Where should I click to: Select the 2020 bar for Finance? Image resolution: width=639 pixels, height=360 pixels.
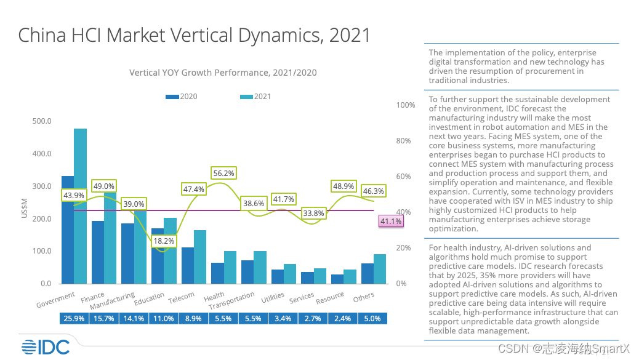click(98, 252)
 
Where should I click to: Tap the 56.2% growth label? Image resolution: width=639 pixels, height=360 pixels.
click(223, 174)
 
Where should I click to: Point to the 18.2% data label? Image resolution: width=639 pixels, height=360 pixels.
click(164, 241)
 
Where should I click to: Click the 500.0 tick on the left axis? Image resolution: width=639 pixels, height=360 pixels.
click(42, 121)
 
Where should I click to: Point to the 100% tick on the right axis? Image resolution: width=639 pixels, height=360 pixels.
click(406, 105)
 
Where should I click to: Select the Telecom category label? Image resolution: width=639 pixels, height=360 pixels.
click(182, 298)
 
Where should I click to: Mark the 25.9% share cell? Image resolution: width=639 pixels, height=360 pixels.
click(74, 319)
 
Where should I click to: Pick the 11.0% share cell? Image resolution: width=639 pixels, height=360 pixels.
click(164, 319)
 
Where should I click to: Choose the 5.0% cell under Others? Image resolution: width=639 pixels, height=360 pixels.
click(373, 319)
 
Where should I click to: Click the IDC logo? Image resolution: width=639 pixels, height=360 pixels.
click(45, 347)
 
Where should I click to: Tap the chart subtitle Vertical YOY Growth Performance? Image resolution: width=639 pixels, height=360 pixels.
click(223, 73)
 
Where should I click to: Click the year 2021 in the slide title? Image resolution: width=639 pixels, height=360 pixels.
click(350, 35)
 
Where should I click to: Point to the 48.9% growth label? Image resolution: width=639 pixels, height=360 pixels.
click(343, 186)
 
